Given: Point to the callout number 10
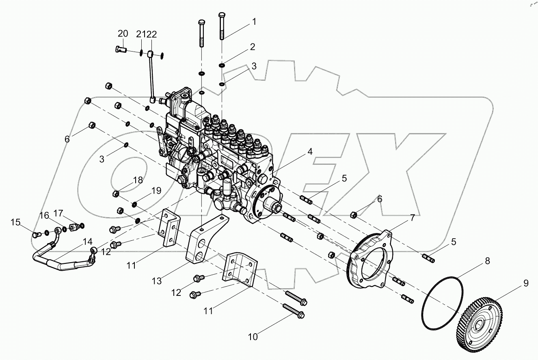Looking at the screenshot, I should (253, 336).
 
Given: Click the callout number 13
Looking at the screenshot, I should (157, 280).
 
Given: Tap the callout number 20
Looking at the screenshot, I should (123, 33).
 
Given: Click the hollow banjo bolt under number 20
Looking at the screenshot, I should (121, 50).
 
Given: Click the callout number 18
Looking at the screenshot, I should (138, 180).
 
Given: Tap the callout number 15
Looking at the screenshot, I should (15, 222).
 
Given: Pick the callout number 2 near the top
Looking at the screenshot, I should (252, 47).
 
